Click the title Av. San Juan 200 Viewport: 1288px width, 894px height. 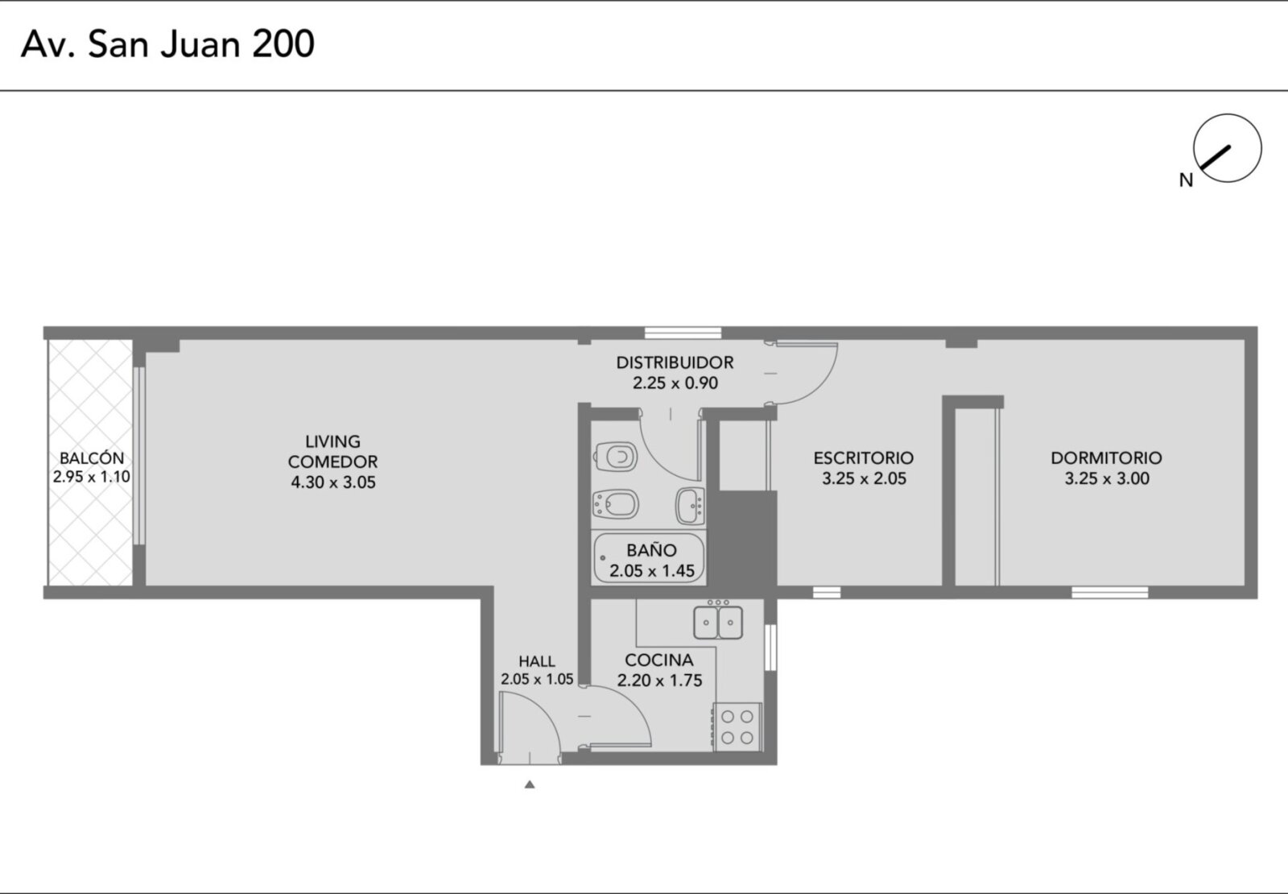click(x=167, y=43)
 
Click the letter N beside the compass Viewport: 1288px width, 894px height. click(x=1186, y=180)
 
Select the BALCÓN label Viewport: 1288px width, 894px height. click(x=92, y=458)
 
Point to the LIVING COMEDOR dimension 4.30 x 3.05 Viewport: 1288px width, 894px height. click(x=333, y=482)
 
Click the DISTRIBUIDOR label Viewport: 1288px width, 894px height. click(x=675, y=362)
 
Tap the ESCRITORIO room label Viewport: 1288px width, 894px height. click(x=863, y=458)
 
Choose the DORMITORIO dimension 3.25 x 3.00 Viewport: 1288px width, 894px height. click(x=1107, y=478)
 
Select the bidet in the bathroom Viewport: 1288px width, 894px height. click(x=615, y=504)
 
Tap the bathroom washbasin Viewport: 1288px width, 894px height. click(x=690, y=507)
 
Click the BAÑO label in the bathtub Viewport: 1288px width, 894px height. click(x=651, y=550)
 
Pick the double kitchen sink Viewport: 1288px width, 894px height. click(x=718, y=621)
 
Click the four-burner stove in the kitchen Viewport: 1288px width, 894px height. click(x=737, y=726)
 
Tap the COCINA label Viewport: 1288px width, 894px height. click(x=659, y=660)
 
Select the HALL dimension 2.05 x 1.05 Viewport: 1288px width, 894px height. click(x=537, y=680)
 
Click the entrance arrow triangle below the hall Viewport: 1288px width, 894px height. click(x=530, y=784)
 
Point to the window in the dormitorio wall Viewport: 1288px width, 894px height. click(x=1110, y=593)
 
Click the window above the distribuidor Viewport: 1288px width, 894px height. click(x=683, y=333)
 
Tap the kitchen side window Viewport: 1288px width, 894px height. click(x=770, y=648)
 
